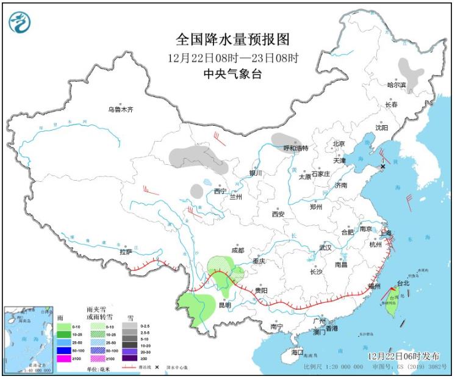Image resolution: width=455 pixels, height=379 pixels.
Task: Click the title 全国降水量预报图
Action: pyautogui.click(x=232, y=40)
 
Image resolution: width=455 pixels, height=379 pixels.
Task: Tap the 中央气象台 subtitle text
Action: pyautogui.click(x=232, y=73)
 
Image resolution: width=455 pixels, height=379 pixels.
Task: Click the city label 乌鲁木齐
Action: pyautogui.click(x=120, y=110)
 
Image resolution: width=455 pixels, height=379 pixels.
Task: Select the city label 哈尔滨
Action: pyautogui.click(x=396, y=85)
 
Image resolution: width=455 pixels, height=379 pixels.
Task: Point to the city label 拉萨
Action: pyautogui.click(x=126, y=251)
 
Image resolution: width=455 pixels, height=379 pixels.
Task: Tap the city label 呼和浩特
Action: pyautogui.click(x=296, y=148)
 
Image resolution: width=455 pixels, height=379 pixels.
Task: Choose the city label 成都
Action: pyautogui.click(x=237, y=250)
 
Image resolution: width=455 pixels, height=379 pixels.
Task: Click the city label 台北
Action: pyautogui.click(x=403, y=283)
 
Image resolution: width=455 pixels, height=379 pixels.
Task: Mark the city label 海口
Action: pyautogui.click(x=297, y=352)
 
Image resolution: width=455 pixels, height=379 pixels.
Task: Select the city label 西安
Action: pyautogui.click(x=278, y=214)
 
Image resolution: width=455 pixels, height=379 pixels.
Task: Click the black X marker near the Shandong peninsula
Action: pyautogui.click(x=383, y=166)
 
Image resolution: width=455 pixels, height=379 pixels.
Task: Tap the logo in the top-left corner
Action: pyautogui.click(x=20, y=22)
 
